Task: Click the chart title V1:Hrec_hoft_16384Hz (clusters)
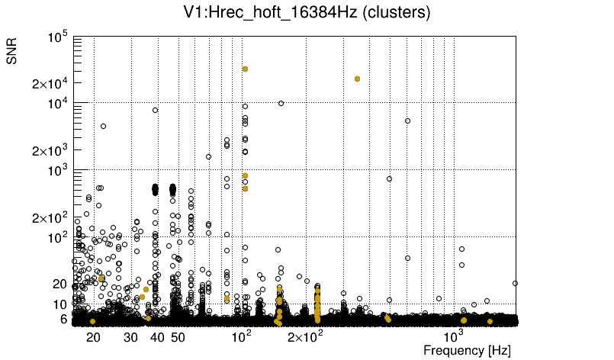(x=307, y=14)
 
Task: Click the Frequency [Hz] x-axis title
(x=467, y=351)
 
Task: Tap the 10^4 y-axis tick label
(x=57, y=104)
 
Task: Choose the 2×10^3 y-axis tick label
(x=50, y=151)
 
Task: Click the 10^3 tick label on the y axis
(x=57, y=171)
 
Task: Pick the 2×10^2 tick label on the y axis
(x=50, y=218)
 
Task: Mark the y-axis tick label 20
(x=60, y=284)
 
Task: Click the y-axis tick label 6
(x=64, y=319)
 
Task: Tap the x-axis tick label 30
(x=130, y=337)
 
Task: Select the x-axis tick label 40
(x=157, y=337)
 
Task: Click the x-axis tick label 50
(x=178, y=337)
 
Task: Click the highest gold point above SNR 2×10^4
(x=246, y=69)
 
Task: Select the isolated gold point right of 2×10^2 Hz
(x=357, y=79)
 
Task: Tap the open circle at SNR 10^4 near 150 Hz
(x=281, y=103)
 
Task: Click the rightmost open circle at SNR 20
(x=516, y=283)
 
